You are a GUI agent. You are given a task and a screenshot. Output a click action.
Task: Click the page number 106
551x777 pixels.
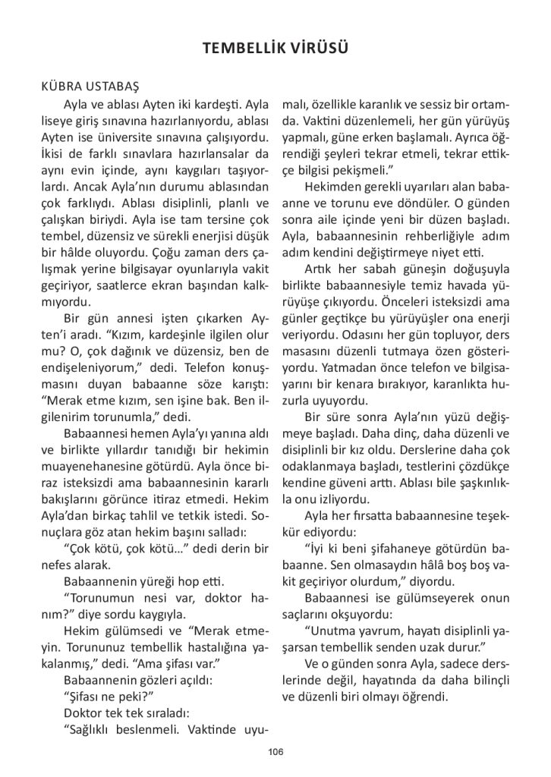coord(275,752)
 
